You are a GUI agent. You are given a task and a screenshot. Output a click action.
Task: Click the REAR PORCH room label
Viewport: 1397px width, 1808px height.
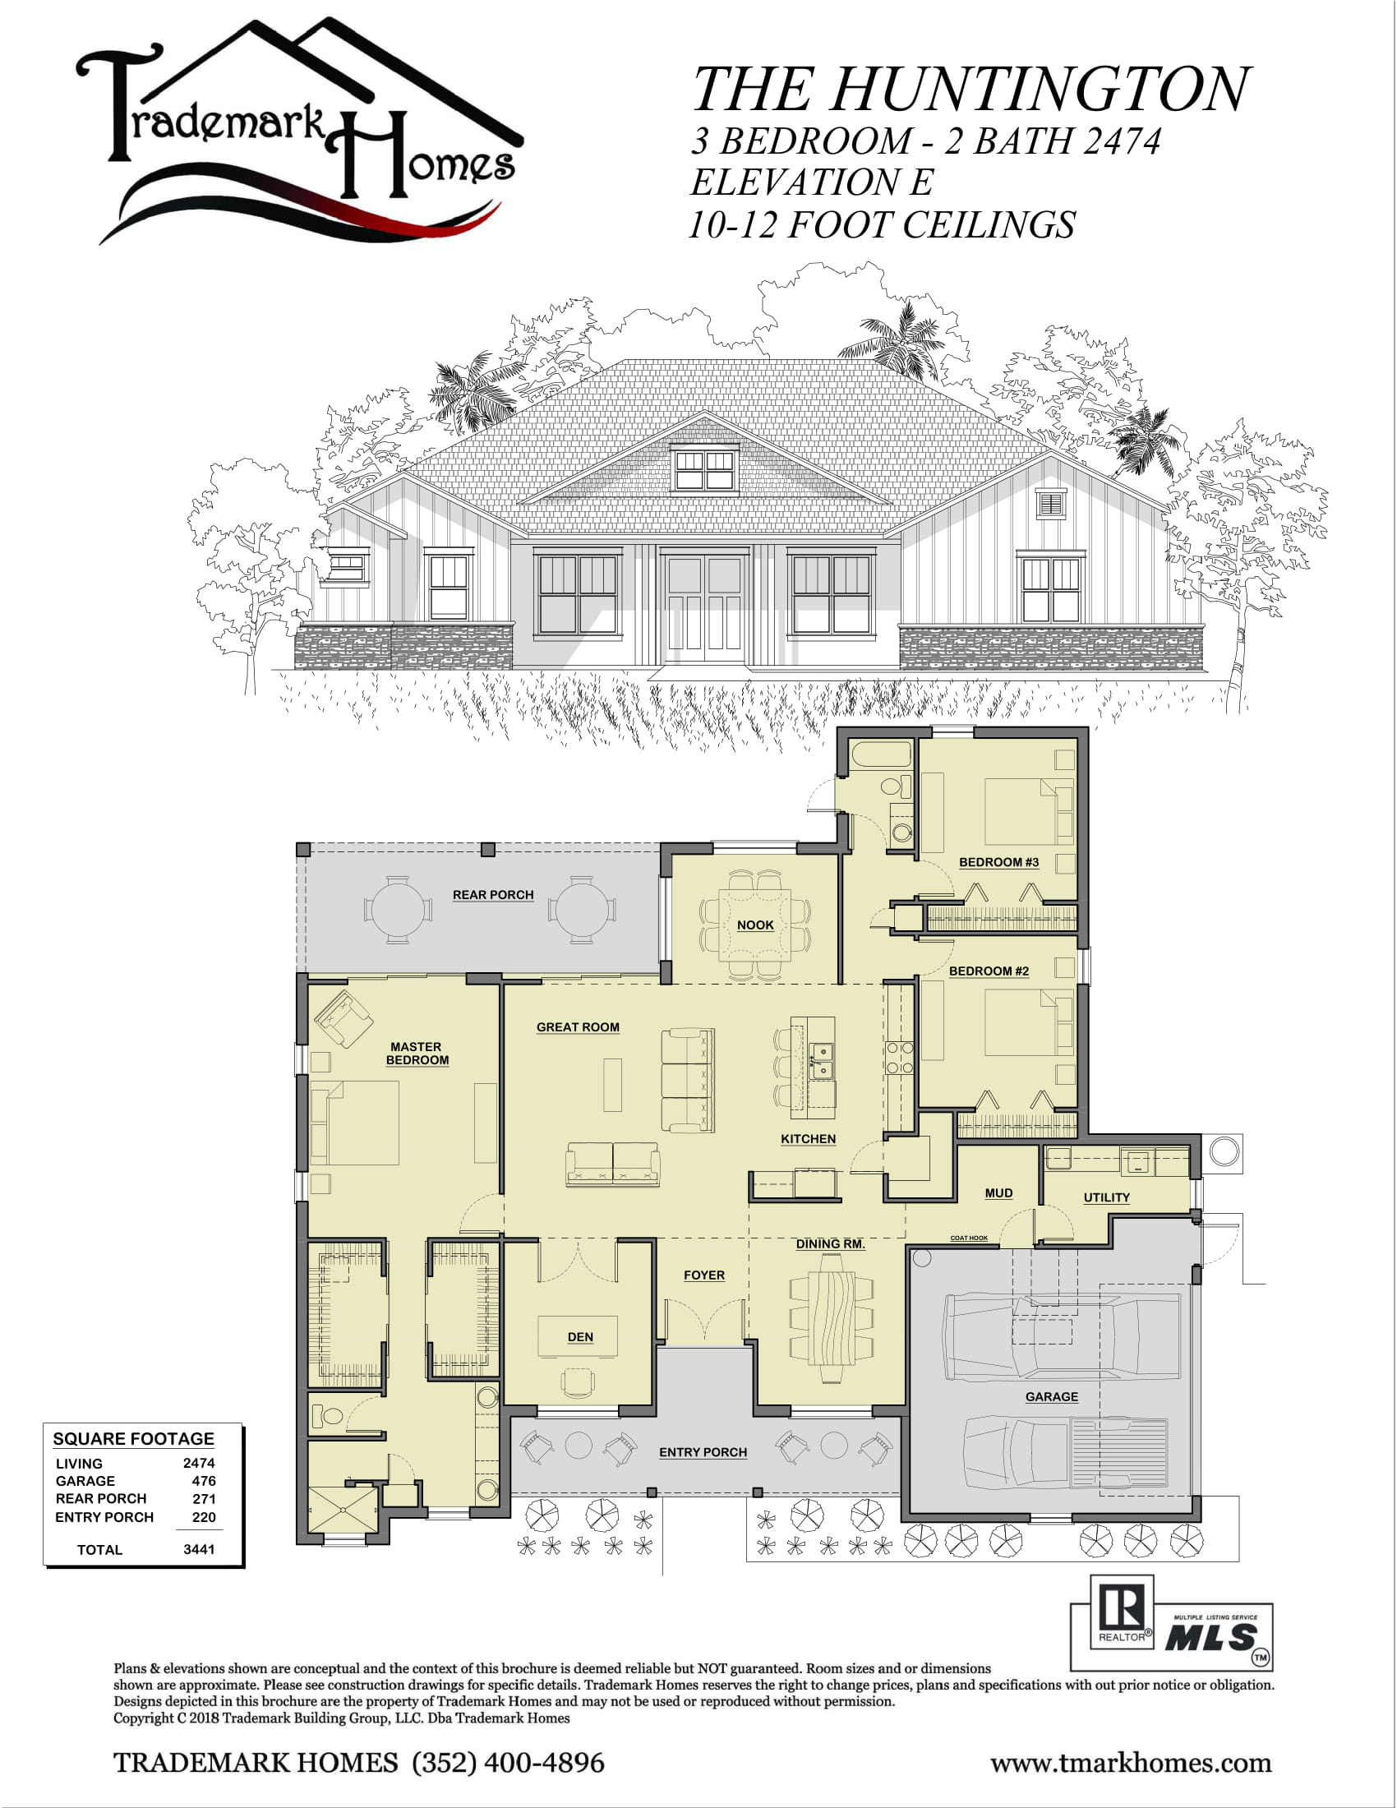[x=492, y=895]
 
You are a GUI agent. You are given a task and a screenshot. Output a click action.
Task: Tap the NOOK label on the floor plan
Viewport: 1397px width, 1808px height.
[x=755, y=925]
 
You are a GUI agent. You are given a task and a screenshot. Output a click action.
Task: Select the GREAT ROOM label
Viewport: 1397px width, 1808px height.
[x=578, y=1027]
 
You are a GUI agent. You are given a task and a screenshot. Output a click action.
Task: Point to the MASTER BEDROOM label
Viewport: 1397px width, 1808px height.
[x=417, y=1053]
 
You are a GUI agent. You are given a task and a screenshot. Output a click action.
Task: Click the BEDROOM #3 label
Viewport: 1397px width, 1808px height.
[x=999, y=862]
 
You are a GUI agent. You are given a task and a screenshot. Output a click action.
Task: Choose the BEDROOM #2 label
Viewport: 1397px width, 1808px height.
[x=989, y=971]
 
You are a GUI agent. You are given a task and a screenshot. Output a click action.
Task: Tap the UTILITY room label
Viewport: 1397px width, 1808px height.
[x=1107, y=1197]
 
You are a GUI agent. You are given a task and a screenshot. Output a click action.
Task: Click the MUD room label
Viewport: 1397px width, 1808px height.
[x=999, y=1193]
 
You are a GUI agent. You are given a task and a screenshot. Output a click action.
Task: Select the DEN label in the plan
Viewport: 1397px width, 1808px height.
[x=580, y=1337]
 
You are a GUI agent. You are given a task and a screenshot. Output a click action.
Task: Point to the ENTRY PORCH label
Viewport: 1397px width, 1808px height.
[x=703, y=1452]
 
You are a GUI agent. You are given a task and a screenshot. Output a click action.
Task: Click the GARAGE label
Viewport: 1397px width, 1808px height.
[x=1052, y=1396]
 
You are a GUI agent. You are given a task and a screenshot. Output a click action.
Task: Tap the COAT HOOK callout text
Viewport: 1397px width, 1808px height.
[x=968, y=1238]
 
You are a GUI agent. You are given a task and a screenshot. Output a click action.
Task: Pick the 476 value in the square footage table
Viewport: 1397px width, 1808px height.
[x=204, y=1481]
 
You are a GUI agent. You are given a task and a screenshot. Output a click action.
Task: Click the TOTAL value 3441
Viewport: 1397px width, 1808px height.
[x=199, y=1550]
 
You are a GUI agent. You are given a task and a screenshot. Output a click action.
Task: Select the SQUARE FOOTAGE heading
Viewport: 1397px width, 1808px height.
[x=133, y=1439]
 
